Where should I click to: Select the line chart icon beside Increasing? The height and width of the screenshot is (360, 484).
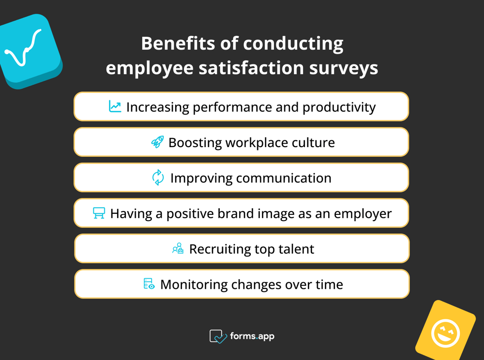click(x=115, y=106)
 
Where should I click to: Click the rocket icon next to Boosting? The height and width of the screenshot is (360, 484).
click(x=157, y=142)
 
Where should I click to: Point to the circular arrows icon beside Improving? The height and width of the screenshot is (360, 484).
click(x=158, y=178)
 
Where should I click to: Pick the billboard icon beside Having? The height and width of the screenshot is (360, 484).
click(x=99, y=213)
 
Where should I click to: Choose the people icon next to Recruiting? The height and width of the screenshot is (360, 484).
click(x=178, y=249)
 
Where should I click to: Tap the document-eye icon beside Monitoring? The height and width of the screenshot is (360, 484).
click(x=149, y=284)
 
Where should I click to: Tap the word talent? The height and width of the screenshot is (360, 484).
click(x=296, y=249)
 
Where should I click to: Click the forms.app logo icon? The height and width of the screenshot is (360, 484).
click(x=218, y=336)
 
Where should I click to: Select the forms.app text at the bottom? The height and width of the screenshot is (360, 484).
click(x=253, y=336)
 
